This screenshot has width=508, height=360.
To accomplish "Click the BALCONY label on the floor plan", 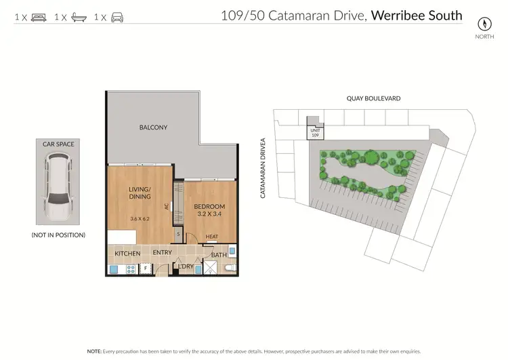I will (153, 127).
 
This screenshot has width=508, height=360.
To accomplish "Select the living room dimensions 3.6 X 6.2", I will (140, 218).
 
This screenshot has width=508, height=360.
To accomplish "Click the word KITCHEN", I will (127, 254).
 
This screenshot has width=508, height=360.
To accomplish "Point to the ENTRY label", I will (162, 254).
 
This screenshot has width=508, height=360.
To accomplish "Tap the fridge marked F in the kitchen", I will (146, 268).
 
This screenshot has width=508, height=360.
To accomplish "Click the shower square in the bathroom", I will (213, 268).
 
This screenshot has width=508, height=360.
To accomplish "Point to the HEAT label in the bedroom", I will (212, 237).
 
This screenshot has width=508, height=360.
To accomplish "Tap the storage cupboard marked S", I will (179, 234).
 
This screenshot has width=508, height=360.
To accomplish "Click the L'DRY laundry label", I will (185, 266).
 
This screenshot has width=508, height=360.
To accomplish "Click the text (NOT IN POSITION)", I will (58, 235).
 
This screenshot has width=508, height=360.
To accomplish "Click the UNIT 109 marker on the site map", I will (314, 132).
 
